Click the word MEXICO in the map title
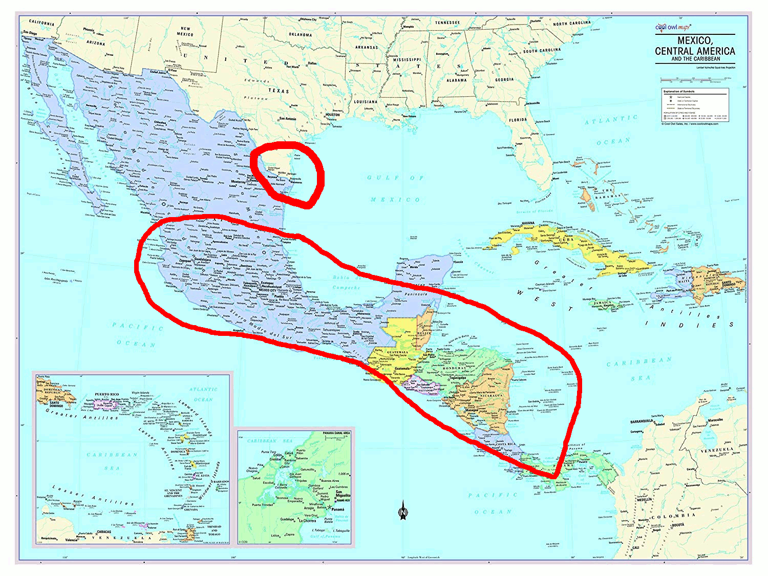(695, 40)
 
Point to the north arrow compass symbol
(403, 510)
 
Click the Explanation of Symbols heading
(679, 91)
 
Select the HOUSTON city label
(332, 115)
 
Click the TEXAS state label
(279, 91)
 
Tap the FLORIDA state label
(518, 120)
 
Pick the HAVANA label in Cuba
(528, 224)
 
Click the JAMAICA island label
(603, 303)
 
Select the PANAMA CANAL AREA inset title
(336, 433)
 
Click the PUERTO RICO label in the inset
(107, 395)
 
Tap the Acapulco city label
(238, 331)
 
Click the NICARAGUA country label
(490, 396)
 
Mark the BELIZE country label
(424, 333)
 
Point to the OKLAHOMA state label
(300, 35)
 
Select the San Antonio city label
(287, 119)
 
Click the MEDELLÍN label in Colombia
(645, 499)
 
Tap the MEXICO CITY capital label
(267, 290)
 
